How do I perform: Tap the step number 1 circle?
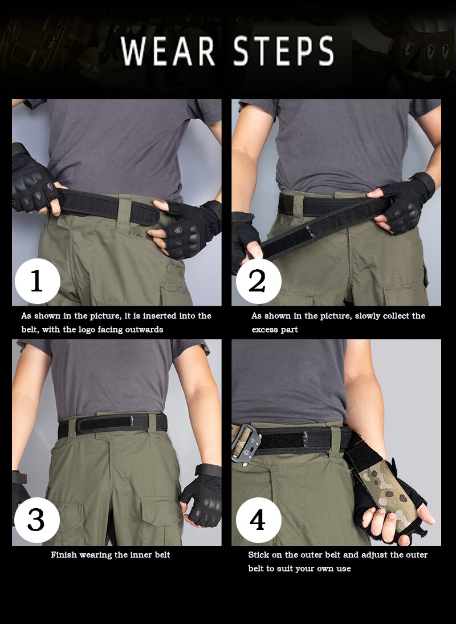37,281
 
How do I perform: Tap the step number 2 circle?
258,281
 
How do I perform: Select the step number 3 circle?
37,520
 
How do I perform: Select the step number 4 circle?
258,520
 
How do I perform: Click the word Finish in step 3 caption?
64,554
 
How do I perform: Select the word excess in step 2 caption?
266,330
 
